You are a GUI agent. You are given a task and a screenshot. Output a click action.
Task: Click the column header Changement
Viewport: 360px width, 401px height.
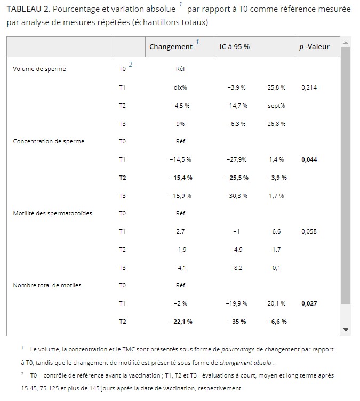[x=171, y=46]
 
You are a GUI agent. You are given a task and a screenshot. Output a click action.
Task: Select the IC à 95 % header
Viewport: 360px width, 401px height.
[x=235, y=46]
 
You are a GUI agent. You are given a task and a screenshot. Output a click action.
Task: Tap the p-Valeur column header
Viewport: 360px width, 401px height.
[x=314, y=46]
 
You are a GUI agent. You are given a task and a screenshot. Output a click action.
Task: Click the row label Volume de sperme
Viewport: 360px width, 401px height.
[x=39, y=69]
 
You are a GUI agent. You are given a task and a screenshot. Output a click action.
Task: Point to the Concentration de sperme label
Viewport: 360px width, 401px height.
[x=49, y=141]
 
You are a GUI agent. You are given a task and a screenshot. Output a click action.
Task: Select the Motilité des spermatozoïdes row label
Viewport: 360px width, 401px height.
[x=52, y=213]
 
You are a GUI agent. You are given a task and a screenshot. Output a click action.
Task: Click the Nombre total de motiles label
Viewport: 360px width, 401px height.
[x=47, y=285]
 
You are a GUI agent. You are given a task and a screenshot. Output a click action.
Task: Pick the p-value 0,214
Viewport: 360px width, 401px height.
[x=309, y=87]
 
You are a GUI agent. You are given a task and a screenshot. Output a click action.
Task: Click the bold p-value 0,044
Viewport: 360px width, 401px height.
[x=309, y=159]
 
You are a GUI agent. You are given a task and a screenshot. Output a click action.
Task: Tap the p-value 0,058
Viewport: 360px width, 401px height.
[x=309, y=231]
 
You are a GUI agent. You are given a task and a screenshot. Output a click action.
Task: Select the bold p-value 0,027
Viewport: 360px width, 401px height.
[x=309, y=303]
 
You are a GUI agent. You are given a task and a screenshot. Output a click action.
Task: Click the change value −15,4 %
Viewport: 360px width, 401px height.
[x=180, y=178]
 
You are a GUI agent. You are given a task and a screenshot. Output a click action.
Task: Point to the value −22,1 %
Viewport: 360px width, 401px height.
[x=180, y=322]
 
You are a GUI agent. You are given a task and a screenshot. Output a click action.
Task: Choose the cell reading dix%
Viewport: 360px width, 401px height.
[x=180, y=87]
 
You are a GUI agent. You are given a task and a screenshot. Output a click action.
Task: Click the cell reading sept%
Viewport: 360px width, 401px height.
[x=276, y=105]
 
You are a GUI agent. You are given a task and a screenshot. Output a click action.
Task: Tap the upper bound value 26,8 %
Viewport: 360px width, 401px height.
[x=276, y=123]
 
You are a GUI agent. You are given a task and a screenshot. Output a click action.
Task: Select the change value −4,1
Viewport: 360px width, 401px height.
[x=180, y=268]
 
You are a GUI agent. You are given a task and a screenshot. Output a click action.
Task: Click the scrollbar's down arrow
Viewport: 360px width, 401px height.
[x=346, y=330]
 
